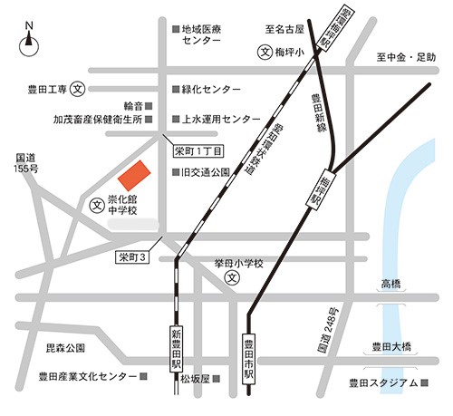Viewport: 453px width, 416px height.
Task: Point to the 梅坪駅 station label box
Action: [319, 189]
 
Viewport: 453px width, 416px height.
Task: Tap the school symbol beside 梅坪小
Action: [265, 53]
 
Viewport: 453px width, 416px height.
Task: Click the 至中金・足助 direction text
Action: [407, 58]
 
